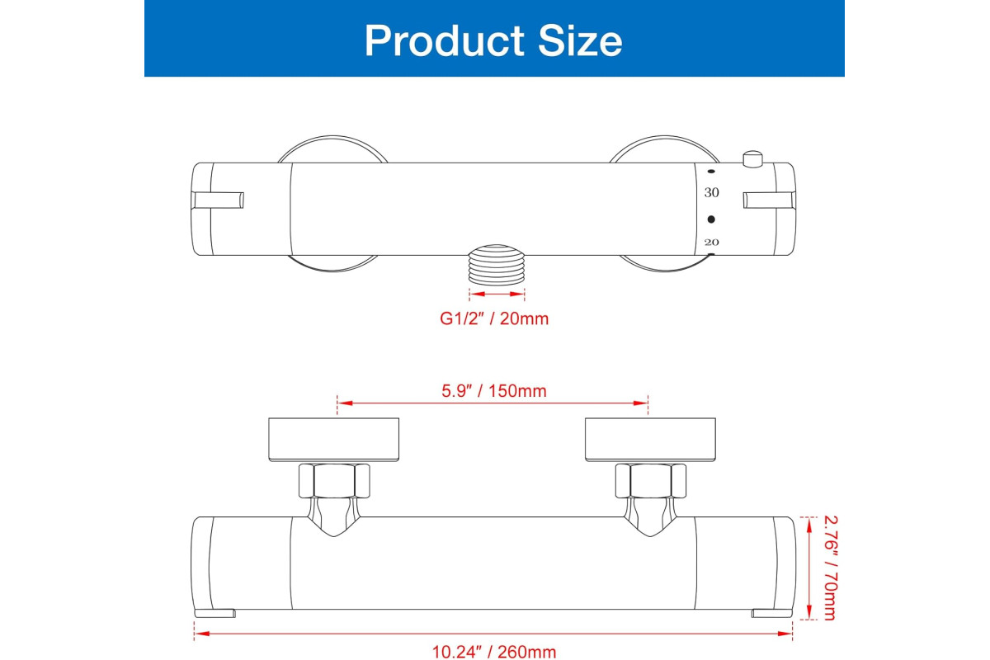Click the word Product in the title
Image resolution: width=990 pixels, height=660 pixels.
[444, 40]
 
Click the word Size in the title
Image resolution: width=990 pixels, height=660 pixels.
[579, 40]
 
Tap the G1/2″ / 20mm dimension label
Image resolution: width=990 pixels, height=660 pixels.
[494, 318]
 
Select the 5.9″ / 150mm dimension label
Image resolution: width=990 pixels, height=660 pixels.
[494, 391]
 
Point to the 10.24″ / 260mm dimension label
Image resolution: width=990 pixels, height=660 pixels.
[493, 652]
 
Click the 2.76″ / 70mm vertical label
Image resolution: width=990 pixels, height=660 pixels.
[831, 568]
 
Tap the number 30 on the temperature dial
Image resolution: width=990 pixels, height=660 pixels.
[711, 192]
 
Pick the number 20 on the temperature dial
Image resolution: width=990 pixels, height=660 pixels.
[711, 242]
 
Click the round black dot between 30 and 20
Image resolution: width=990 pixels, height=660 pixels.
[711, 219]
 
